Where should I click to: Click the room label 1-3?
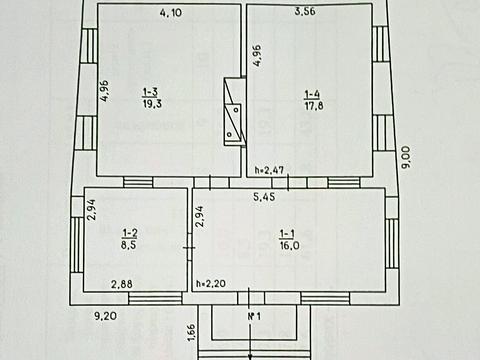(x=150, y=92)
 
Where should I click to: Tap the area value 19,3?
(x=152, y=104)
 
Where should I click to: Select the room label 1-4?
(x=312, y=94)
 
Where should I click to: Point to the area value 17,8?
(x=314, y=106)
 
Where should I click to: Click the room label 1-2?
(x=130, y=233)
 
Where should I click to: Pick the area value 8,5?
(x=130, y=245)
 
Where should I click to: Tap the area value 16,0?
(x=290, y=246)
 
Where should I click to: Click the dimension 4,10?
(x=171, y=13)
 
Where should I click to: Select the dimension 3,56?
(x=305, y=11)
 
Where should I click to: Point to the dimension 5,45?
(x=264, y=197)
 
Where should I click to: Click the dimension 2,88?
(x=122, y=284)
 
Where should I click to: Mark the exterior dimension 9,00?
(x=407, y=157)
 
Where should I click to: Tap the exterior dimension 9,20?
(x=105, y=316)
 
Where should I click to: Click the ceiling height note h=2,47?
(x=269, y=170)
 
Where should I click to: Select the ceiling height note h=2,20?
(x=211, y=283)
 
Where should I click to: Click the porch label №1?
(x=254, y=316)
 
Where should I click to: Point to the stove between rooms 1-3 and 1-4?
(x=235, y=112)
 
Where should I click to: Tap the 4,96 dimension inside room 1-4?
(x=257, y=56)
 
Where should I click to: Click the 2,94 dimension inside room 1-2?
(x=91, y=210)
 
